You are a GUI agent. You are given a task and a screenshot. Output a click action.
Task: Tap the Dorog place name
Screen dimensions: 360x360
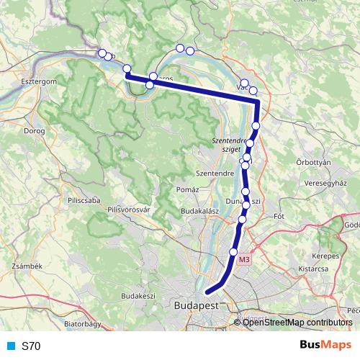[34, 132]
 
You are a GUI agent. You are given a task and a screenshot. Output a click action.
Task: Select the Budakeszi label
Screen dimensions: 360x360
[139, 296]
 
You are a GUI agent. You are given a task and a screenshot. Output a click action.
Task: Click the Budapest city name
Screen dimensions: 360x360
[196, 305]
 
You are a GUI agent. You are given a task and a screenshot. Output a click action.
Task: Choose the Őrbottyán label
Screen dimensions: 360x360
[314, 163]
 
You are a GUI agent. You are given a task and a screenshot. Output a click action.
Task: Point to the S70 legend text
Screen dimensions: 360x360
[31, 346]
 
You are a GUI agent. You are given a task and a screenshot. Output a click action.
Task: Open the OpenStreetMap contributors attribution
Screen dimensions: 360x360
[297, 323]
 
